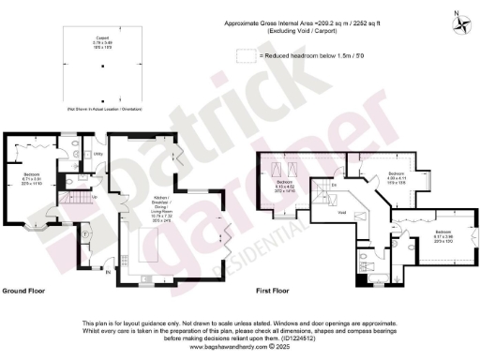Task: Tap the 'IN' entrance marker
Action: pyautogui.click(x=108, y=273)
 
